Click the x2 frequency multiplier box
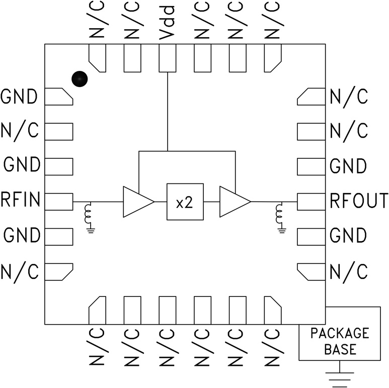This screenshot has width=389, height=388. pyautogui.click(x=185, y=202)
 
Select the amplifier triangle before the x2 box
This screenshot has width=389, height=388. pyautogui.click(x=136, y=202)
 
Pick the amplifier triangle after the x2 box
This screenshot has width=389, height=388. pyautogui.click(x=233, y=202)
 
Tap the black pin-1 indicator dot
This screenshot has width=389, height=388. pyautogui.click(x=79, y=78)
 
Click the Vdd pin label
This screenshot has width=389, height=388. pyautogui.click(x=168, y=23)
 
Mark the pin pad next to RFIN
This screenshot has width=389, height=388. pyautogui.click(x=59, y=201)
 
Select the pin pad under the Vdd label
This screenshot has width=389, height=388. pyautogui.click(x=168, y=58)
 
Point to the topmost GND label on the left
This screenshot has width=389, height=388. pyautogui.click(x=20, y=96)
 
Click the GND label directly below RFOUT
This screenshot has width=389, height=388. pyautogui.click(x=348, y=235)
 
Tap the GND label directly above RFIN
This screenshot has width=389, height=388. pyautogui.click(x=21, y=165)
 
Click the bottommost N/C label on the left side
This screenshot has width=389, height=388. pyautogui.click(x=20, y=272)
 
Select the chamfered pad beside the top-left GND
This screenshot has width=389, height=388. pyautogui.click(x=59, y=97)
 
